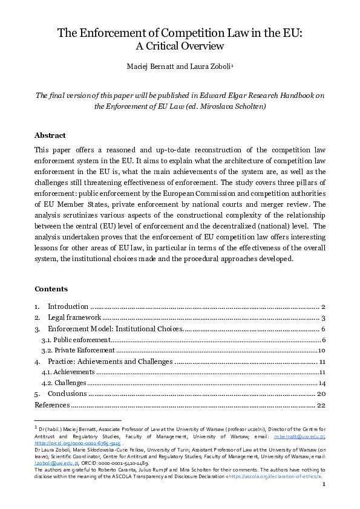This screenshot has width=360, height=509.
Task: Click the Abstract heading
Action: [50, 135]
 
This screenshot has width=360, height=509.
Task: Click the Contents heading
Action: [51, 289]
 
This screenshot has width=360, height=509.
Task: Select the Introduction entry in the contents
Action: [68, 307]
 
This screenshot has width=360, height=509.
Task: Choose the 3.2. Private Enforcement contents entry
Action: [77, 351]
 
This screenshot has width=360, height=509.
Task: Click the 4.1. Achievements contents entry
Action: [68, 372]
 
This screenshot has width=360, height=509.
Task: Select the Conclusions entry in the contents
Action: [68, 394]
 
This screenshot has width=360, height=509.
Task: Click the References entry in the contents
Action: [52, 405]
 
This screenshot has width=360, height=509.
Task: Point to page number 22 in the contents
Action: [321, 405]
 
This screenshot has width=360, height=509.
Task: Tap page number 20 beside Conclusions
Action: [321, 394]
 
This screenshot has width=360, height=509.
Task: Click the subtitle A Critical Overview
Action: [180, 46]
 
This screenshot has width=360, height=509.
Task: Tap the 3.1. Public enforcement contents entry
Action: [71, 340]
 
